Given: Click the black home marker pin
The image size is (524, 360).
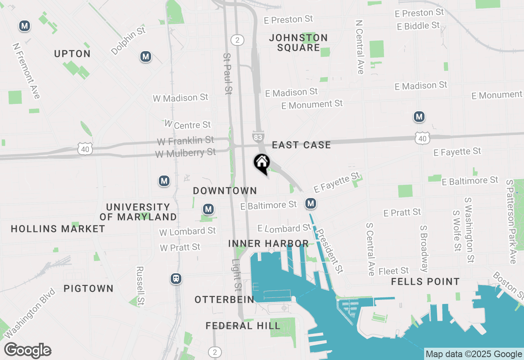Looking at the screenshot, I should (x=262, y=163).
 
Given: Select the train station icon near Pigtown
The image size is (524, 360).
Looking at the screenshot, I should (x=176, y=279).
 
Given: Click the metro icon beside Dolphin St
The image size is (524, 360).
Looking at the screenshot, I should (x=145, y=57).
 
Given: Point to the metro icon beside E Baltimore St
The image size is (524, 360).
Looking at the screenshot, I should (x=311, y=203).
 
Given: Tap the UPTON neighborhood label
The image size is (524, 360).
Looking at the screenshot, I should (x=72, y=54).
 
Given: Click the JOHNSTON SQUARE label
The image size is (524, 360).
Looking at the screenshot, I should (x=298, y=43).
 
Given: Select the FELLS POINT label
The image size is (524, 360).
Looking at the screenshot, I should (x=425, y=281).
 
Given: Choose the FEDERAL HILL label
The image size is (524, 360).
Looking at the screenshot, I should (x=243, y=326).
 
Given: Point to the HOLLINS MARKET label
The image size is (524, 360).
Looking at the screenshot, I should (x=58, y=229).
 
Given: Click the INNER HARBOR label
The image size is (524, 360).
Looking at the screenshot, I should (x=268, y=243).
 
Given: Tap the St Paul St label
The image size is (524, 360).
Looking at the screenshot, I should (x=228, y=74).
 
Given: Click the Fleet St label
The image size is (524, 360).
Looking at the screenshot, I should (x=393, y=271).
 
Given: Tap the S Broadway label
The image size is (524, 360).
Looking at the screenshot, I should (x=425, y=248).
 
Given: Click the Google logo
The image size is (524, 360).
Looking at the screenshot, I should (x=27, y=351).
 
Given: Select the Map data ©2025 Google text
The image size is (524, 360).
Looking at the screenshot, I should (x=474, y=354).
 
